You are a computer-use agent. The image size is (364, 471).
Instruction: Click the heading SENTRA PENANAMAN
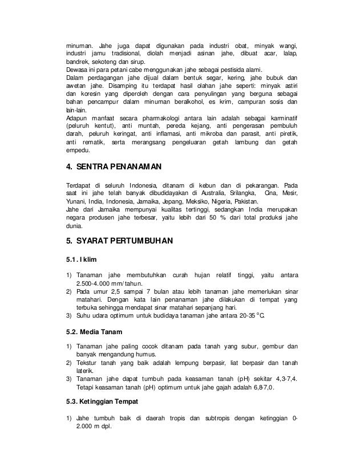[114, 167]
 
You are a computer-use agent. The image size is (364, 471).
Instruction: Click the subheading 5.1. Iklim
[82, 260]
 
